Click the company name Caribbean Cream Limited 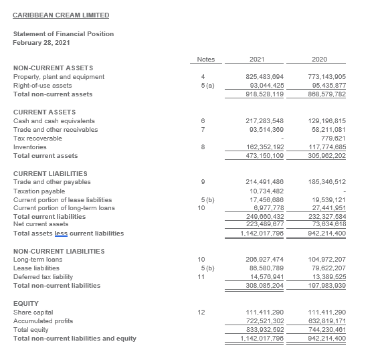coord(61,15)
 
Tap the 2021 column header coord(256,60)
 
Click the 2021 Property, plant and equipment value coord(256,77)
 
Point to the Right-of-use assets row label coord(43,86)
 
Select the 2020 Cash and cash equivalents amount coord(327,120)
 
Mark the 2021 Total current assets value coord(256,155)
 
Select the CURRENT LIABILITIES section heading coord(49,173)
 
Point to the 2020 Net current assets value coord(327,224)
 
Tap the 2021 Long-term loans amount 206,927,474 coord(256,259)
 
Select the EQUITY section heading coord(26,303)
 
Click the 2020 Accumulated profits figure coord(327,321)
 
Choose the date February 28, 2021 coord(42,42)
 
